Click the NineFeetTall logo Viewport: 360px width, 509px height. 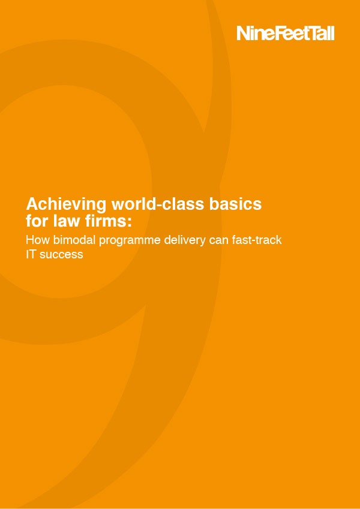285,33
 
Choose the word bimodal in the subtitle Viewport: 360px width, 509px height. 72,240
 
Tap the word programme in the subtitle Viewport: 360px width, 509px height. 126,240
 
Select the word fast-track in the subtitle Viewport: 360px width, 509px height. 256,240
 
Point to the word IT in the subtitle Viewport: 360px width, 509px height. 31,254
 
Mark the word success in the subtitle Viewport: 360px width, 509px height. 61,254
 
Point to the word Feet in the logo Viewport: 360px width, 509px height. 287,33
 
